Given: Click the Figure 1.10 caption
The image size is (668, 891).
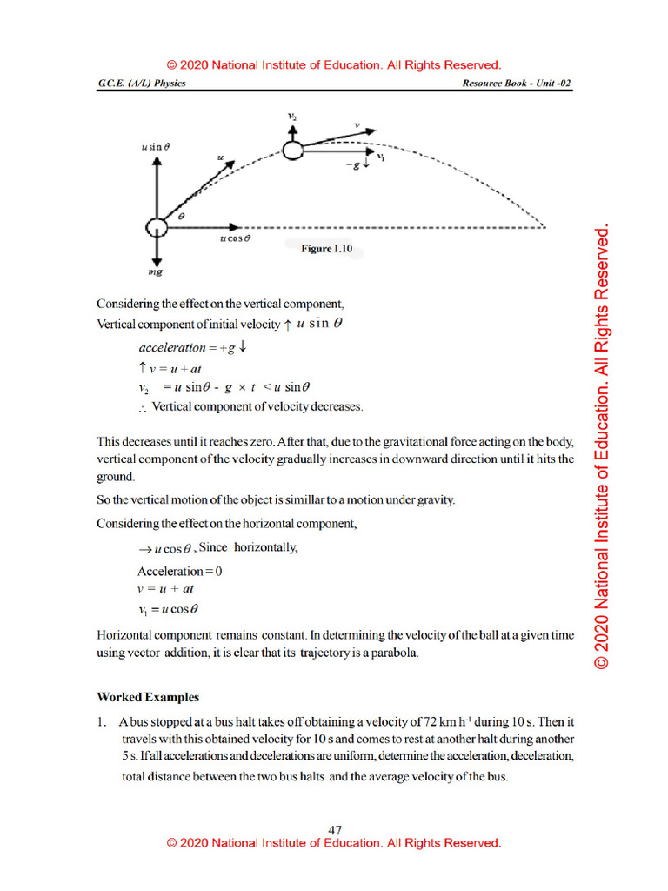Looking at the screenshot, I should [x=326, y=249].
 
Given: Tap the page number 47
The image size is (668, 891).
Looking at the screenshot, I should [x=335, y=831].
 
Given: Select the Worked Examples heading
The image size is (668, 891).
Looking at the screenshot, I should [x=148, y=697].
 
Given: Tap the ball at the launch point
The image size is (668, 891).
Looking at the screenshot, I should [x=156, y=227].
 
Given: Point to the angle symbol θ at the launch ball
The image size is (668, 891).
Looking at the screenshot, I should [x=182, y=214].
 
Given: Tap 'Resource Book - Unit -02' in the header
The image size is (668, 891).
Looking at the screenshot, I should [x=518, y=84].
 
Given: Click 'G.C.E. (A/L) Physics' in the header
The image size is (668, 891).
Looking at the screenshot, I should [x=142, y=84].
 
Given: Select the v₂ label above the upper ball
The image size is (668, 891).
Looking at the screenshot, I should [x=292, y=116].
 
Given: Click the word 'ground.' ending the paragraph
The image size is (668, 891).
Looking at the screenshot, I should [x=114, y=477].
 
